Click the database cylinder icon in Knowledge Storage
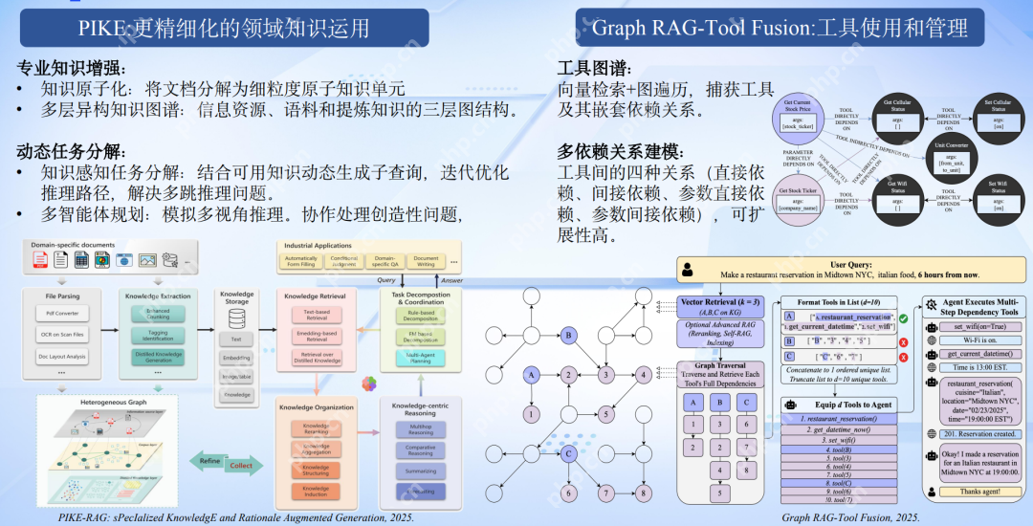237,316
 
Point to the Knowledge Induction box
316,491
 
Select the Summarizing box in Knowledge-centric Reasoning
422,471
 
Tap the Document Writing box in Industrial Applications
427,260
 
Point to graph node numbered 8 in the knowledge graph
643,493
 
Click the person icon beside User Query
685,272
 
